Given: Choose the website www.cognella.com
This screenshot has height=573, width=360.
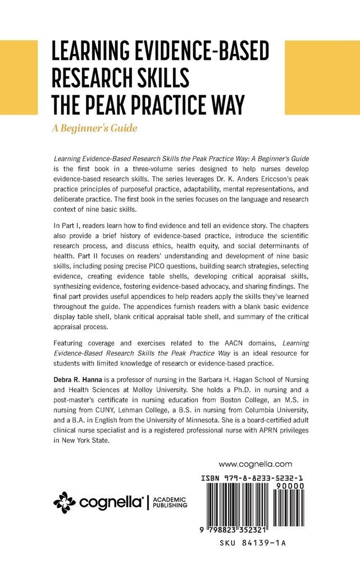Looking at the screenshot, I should click(x=256, y=464).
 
